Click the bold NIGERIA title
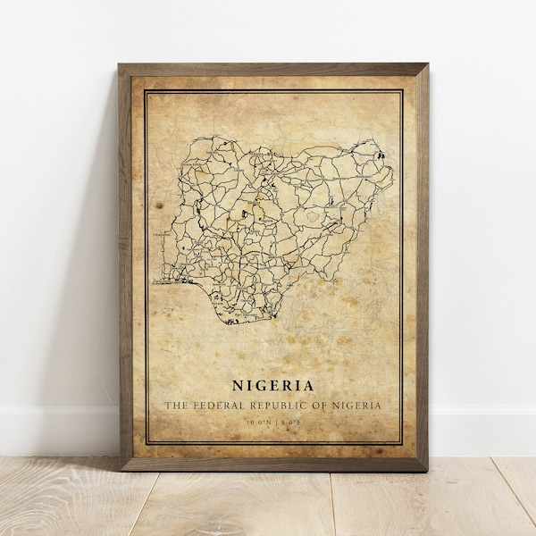pos(272,386)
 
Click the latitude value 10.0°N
pos(258,422)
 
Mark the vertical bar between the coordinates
pos(273,422)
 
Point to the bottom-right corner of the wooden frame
pos(426,469)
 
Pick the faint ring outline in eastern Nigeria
pos(313,214)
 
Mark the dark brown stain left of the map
pos(159,205)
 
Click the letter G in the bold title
pos(256,386)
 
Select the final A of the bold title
pos(308,386)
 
